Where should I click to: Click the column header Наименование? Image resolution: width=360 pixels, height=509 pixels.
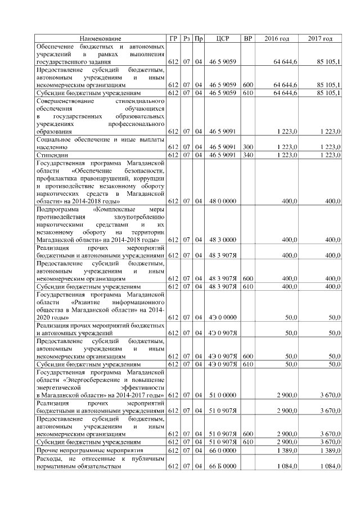100,38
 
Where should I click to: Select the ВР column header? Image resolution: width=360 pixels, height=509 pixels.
248,38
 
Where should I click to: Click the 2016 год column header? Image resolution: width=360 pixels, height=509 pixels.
277,38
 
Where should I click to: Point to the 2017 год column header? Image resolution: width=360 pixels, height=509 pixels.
320,38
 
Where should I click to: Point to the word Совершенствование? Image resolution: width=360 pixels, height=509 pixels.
64,100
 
